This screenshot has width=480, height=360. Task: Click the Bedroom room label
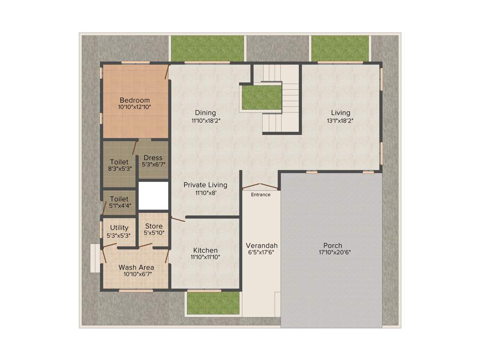click(135, 100)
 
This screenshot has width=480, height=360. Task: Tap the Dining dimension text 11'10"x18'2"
click(206, 120)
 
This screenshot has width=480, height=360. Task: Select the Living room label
click(340, 112)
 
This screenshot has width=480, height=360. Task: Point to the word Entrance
click(261, 195)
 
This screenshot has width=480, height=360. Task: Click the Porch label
click(332, 245)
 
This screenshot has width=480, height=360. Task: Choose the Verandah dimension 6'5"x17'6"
click(262, 252)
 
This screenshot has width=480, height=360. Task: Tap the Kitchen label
click(205, 250)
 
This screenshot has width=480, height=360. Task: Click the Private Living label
click(205, 185)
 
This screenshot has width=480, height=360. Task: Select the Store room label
click(153, 226)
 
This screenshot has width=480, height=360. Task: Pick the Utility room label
click(119, 228)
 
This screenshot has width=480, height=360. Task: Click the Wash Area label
click(136, 268)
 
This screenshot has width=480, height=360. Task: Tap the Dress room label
click(153, 157)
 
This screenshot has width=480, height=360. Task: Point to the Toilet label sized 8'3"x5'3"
click(119, 162)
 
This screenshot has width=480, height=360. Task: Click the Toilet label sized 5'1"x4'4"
click(119, 199)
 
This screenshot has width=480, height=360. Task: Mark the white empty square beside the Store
click(153, 196)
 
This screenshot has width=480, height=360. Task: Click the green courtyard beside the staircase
click(262, 97)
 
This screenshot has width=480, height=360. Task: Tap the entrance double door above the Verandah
click(261, 187)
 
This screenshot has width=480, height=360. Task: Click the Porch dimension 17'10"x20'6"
click(332, 252)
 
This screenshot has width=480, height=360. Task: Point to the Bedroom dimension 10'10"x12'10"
click(135, 107)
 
